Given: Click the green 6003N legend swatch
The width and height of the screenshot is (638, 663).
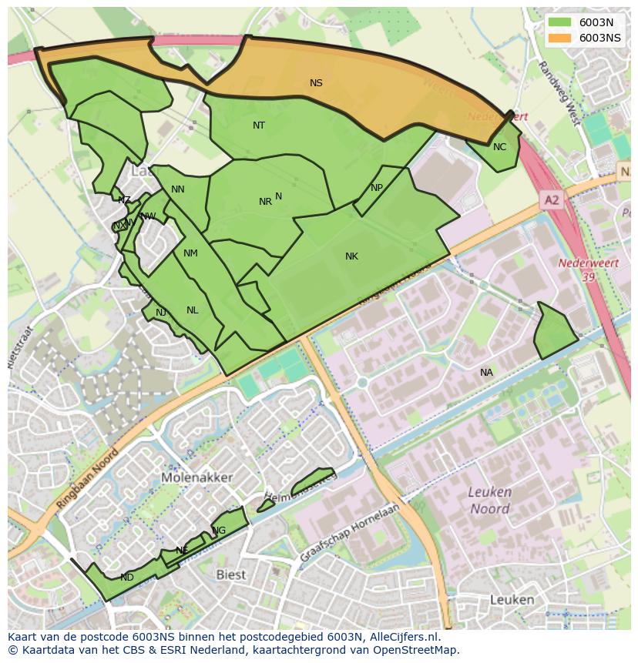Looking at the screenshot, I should pyautogui.click(x=560, y=22).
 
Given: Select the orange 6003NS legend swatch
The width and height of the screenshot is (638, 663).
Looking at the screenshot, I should pyautogui.click(x=560, y=38).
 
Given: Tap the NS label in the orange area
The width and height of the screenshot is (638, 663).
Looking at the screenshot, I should pyautogui.click(x=316, y=83).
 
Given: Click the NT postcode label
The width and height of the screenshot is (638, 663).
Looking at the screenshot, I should pyautogui.click(x=259, y=126).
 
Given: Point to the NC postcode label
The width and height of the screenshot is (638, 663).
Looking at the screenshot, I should pyautogui.click(x=499, y=147).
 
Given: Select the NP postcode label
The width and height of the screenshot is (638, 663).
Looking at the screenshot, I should pyautogui.click(x=377, y=188).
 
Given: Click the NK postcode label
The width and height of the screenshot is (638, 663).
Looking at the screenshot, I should pyautogui.click(x=351, y=256).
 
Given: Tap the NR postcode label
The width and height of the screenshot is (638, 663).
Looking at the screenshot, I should pyautogui.click(x=265, y=202).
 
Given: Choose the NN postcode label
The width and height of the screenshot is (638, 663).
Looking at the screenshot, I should pyautogui.click(x=178, y=189).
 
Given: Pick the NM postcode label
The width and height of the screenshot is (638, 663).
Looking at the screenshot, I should pyautogui.click(x=190, y=253).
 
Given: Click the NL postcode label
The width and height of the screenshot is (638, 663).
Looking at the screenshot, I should pyautogui.click(x=192, y=310).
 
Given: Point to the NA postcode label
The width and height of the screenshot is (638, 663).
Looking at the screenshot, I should pyautogui.click(x=486, y=373).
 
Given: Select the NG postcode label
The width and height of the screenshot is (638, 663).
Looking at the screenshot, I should pyautogui.click(x=220, y=531).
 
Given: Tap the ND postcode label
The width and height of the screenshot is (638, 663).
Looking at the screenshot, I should pyautogui.click(x=127, y=578).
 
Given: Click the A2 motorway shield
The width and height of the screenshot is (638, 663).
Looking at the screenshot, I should pyautogui.click(x=552, y=200).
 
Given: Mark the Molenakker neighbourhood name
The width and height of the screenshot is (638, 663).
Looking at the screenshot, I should pyautogui.click(x=197, y=477).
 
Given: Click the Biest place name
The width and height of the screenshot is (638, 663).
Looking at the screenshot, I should pyautogui.click(x=230, y=574).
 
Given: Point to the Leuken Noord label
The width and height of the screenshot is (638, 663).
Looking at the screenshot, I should pyautogui.click(x=490, y=501).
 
